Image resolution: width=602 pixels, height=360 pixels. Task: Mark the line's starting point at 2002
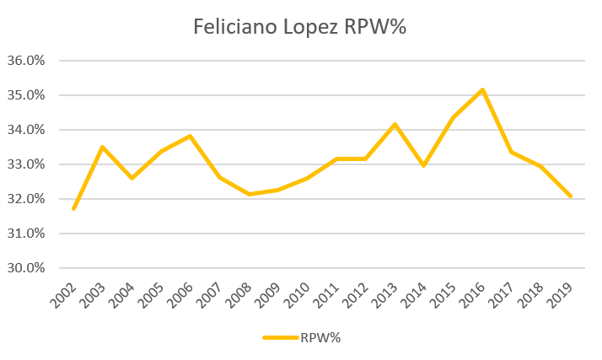pyautogui.click(x=74, y=208)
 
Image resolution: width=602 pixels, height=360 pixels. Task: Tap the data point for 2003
pyautogui.click(x=103, y=148)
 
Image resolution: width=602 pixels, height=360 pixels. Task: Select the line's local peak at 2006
pyautogui.click(x=191, y=136)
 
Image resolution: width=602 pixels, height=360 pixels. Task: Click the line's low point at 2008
pyautogui.click(x=249, y=195)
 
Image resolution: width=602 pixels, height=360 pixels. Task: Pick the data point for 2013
pyautogui.click(x=395, y=125)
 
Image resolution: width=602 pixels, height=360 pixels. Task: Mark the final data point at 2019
pyautogui.click(x=571, y=196)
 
